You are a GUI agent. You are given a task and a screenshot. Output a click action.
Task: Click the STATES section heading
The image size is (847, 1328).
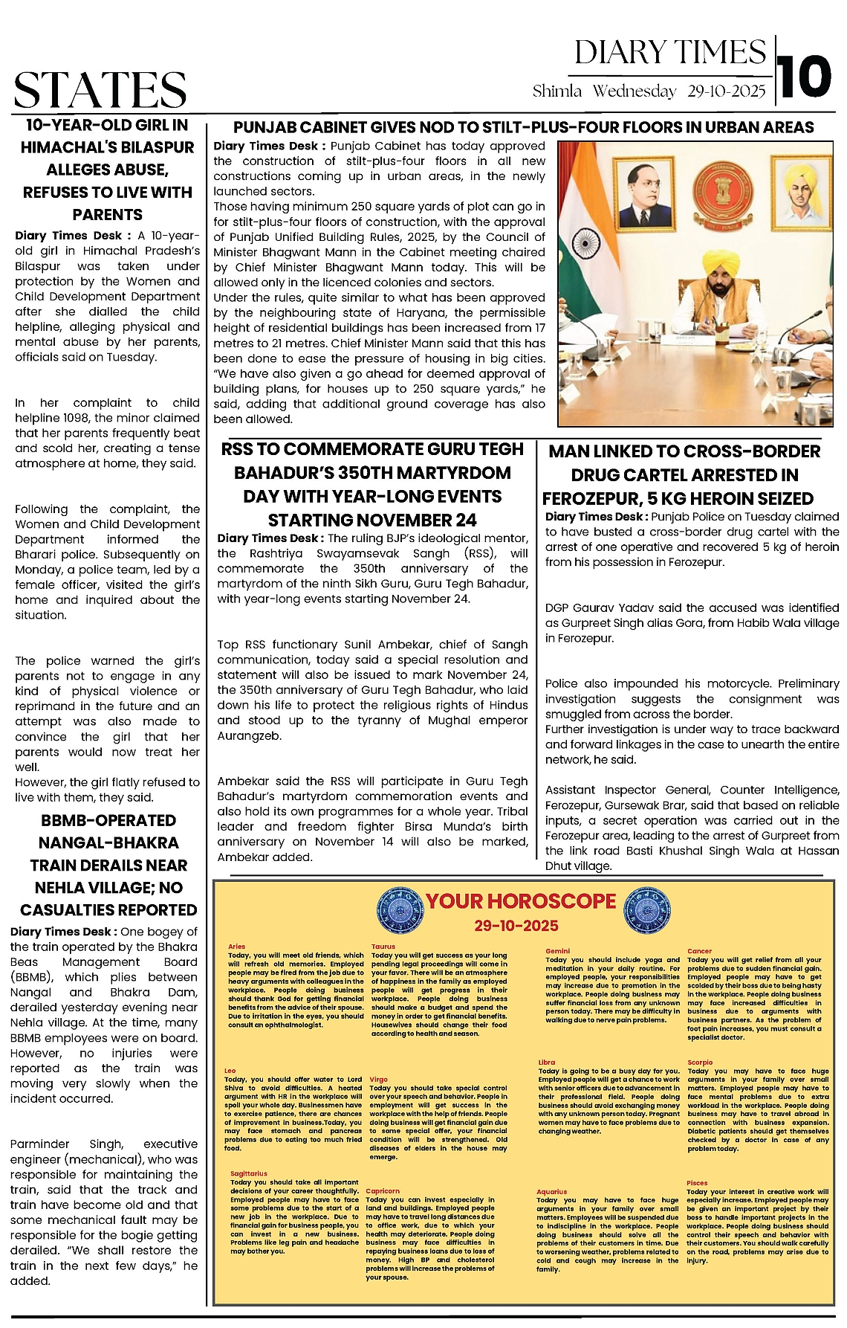click(x=100, y=90)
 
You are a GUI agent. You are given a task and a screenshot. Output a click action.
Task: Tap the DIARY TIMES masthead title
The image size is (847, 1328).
click(x=669, y=53)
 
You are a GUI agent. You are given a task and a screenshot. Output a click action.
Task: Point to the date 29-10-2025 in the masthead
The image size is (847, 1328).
click(x=726, y=91)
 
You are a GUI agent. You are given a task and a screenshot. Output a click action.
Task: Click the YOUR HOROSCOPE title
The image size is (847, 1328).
click(x=521, y=901)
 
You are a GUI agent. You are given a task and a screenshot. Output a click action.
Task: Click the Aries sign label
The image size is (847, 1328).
click(x=236, y=947)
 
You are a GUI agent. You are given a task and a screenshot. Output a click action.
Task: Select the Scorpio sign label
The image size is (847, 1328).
click(x=700, y=1063)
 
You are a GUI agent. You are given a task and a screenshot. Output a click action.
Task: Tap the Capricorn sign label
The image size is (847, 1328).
click(x=383, y=1190)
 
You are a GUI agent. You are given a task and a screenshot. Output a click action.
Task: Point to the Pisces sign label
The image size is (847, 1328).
click(x=697, y=1182)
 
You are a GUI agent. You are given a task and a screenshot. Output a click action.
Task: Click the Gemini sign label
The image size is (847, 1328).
click(x=557, y=951)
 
